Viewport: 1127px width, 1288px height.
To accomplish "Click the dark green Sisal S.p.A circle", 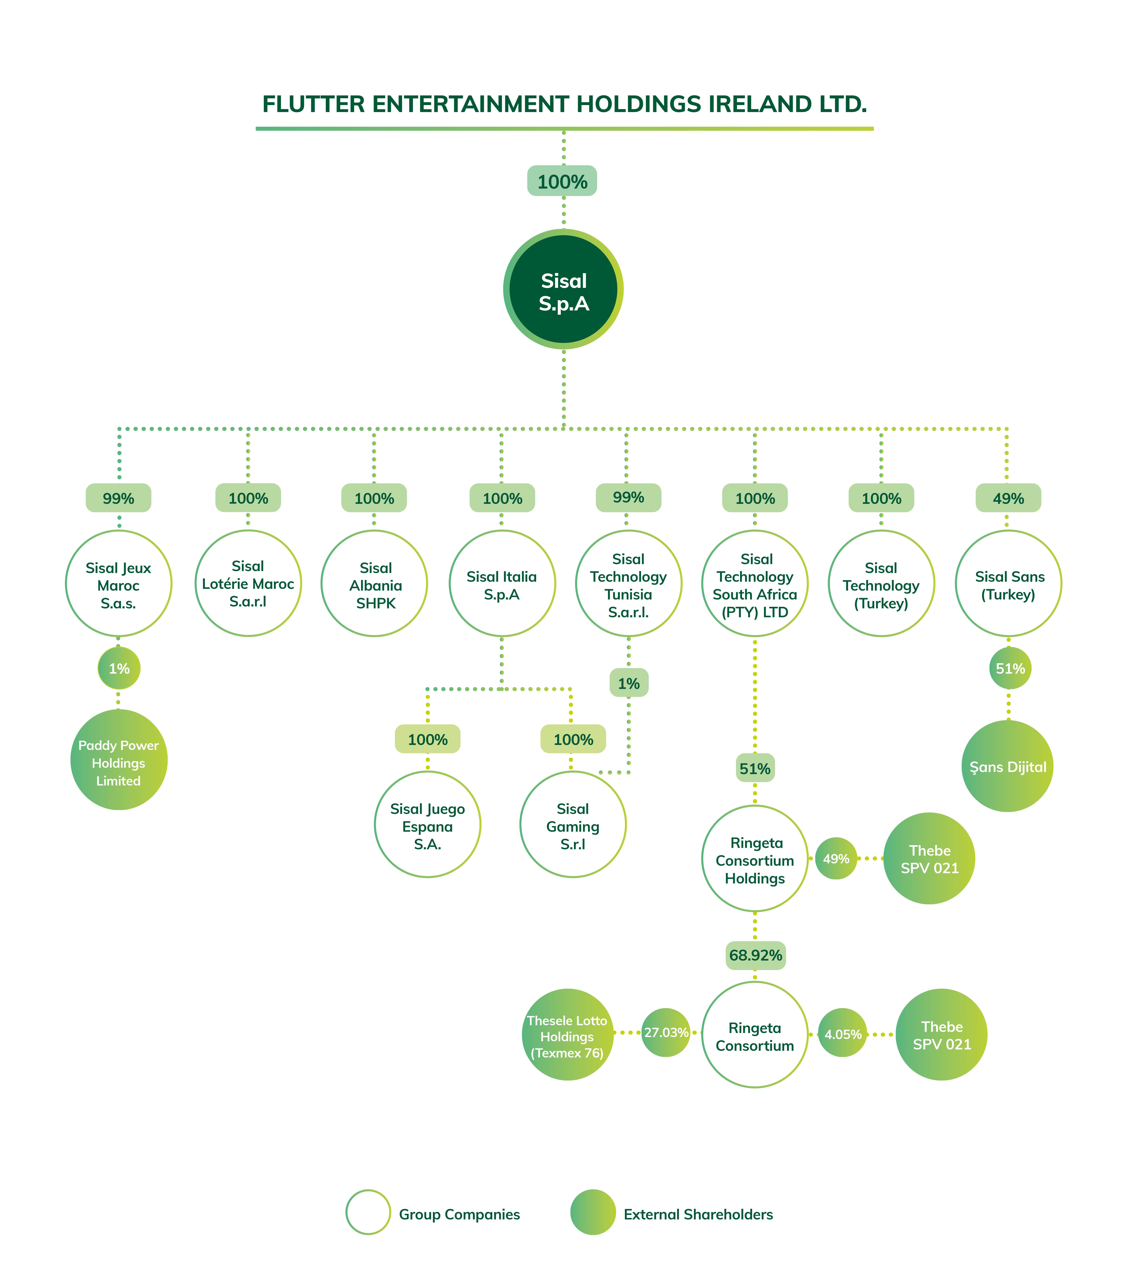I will click(x=563, y=289).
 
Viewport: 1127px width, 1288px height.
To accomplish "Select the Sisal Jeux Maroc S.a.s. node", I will click(x=118, y=584).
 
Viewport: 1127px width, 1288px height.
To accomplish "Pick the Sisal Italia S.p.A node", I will click(x=502, y=584).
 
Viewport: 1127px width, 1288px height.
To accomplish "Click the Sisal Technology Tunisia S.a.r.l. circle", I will click(x=628, y=584).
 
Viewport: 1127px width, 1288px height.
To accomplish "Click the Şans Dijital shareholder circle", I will click(x=1007, y=766).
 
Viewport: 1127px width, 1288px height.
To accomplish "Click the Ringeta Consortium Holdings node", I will click(x=755, y=859).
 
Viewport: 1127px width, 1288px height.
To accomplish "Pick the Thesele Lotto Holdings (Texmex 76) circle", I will click(x=567, y=1035).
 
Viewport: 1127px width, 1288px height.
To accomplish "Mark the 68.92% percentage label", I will click(x=755, y=955).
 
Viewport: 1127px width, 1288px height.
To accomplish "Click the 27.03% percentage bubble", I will click(x=665, y=1033).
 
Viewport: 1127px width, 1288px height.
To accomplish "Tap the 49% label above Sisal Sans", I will click(x=1008, y=498).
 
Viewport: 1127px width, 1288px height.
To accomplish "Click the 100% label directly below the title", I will click(x=562, y=181).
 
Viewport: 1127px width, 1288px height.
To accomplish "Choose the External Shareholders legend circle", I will click(x=592, y=1212).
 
